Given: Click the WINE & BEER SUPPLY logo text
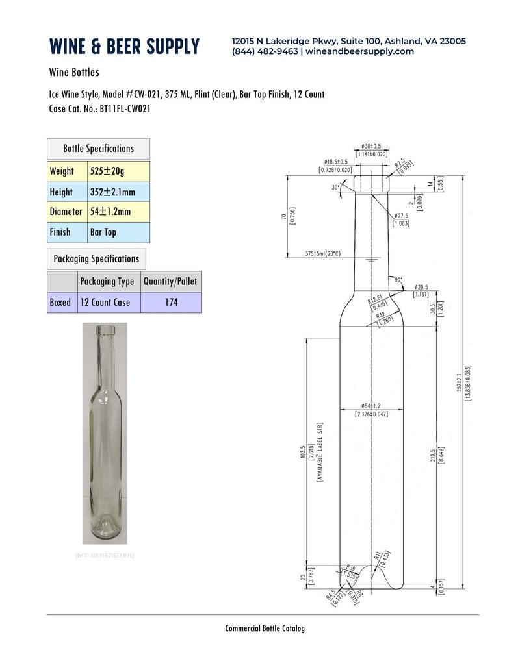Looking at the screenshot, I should (x=124, y=46).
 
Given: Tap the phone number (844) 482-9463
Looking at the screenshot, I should (x=265, y=51).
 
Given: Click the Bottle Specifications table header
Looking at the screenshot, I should (x=98, y=149).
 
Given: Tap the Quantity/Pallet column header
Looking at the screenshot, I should (x=171, y=282).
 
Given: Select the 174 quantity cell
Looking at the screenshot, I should (x=171, y=303).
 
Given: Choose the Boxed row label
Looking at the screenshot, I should (x=60, y=303).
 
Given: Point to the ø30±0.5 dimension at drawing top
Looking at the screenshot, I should (x=370, y=146).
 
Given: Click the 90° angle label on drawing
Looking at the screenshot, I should (x=398, y=280).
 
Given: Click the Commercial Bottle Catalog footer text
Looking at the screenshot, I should (x=265, y=628).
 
